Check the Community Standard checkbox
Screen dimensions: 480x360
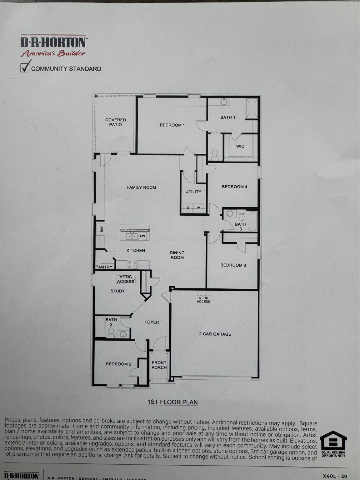point(25,67)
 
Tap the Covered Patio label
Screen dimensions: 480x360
point(115,122)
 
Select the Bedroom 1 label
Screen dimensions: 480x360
point(172,125)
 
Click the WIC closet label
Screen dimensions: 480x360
point(240,146)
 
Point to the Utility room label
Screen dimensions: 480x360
point(193,192)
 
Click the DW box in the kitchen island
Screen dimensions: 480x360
point(142,236)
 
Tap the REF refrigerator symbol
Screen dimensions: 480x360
point(101,228)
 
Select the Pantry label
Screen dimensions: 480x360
point(104,267)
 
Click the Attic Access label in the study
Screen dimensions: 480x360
point(126,279)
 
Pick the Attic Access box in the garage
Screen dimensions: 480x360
point(203,300)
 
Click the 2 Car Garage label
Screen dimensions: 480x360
point(215,334)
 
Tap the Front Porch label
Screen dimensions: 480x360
point(159,365)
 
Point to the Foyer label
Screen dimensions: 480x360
point(152,322)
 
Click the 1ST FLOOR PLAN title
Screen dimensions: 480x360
point(172,402)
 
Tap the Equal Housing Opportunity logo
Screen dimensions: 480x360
point(333,444)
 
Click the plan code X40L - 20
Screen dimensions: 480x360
point(335,476)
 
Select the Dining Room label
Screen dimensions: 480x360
point(177,255)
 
